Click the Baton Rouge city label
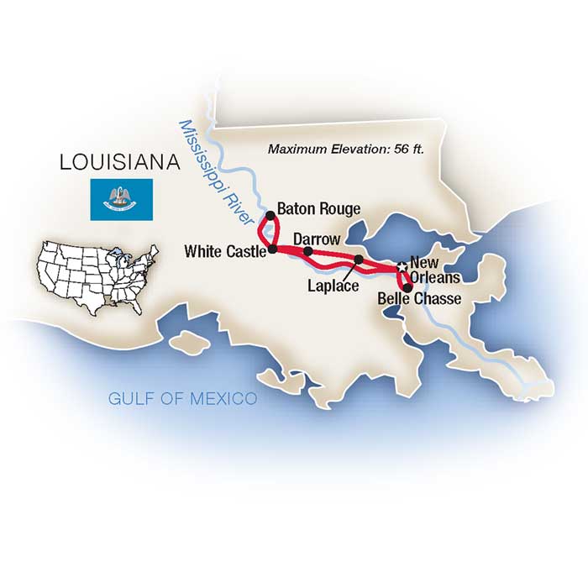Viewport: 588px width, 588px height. pyautogui.click(x=319, y=209)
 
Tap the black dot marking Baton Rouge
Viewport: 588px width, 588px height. pyautogui.click(x=270, y=216)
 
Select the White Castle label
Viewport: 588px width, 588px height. pyautogui.click(x=224, y=250)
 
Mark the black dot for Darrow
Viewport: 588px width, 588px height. pyautogui.click(x=308, y=251)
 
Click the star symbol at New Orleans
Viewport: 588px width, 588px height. pyautogui.click(x=402, y=267)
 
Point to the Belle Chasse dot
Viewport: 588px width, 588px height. pyautogui.click(x=407, y=288)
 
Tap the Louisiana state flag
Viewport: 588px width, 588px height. pyautogui.click(x=122, y=199)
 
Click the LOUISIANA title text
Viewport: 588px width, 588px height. pyautogui.click(x=121, y=162)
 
